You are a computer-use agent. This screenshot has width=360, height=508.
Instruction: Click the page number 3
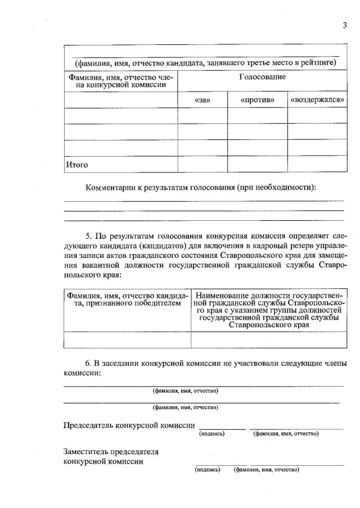coord(344,25)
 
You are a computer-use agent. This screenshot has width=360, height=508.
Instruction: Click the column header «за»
coord(202,99)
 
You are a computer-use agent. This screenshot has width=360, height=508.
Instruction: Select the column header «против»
coord(257,99)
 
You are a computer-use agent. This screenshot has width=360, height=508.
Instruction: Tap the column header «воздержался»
coord(317,99)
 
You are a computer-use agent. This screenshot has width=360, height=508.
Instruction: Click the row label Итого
coord(78,165)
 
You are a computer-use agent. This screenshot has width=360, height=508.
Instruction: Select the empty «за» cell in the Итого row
coord(202,164)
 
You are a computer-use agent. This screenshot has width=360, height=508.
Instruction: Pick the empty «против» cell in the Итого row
coord(257,164)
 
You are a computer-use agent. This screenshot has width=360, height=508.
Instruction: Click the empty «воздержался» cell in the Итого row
coord(317,164)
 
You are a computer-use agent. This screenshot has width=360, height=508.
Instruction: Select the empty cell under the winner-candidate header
coord(127,339)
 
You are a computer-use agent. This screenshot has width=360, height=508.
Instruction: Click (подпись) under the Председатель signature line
coord(212,434)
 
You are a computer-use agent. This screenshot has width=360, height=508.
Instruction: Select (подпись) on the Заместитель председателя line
coord(208,469)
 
